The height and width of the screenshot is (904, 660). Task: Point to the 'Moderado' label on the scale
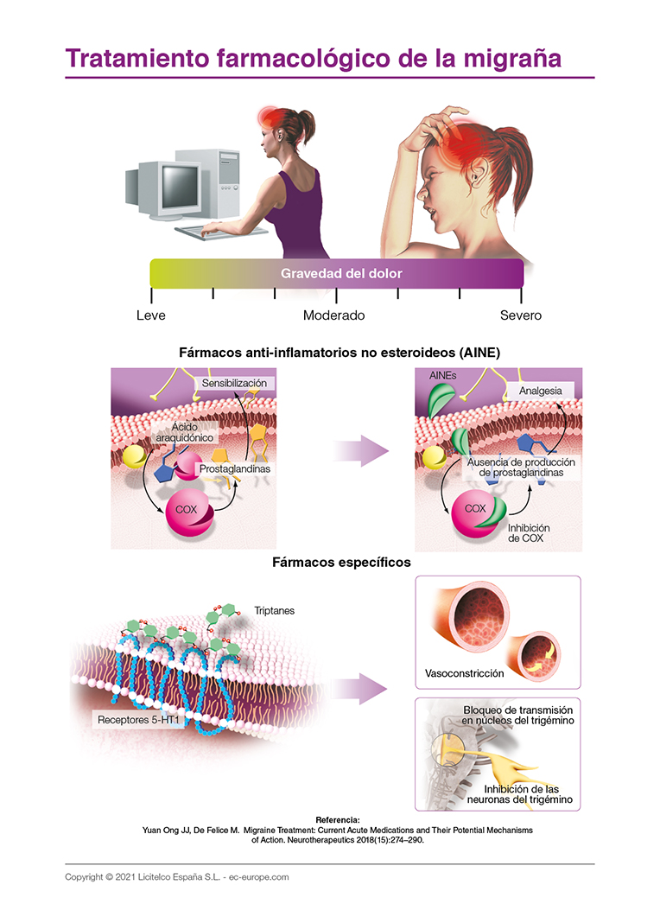(x=333, y=315)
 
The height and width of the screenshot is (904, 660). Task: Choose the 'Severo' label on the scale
(x=521, y=315)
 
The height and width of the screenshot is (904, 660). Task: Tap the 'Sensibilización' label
(x=234, y=383)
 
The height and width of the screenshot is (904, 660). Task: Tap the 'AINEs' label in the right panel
(x=442, y=378)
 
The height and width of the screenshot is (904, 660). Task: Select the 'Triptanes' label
(x=275, y=610)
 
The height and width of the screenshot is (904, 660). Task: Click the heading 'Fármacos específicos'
(x=340, y=562)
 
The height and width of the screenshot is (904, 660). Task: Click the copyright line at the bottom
(x=176, y=876)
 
